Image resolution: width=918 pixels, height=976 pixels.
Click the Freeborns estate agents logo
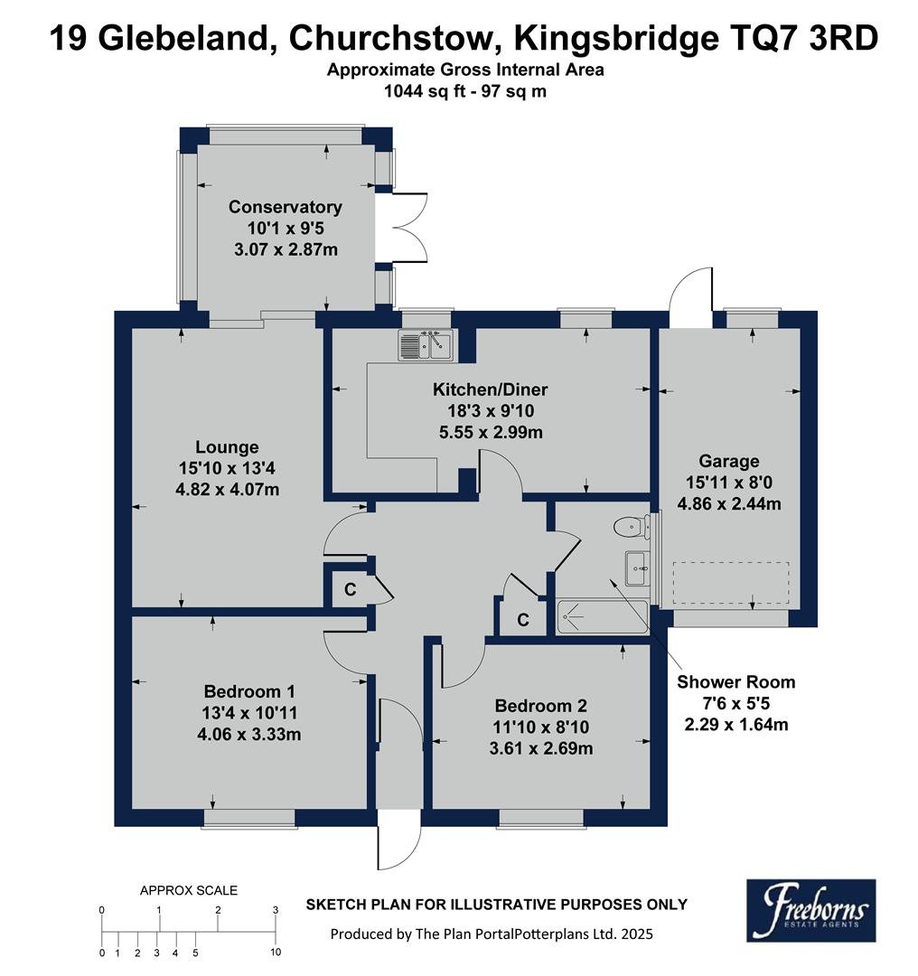tap(810, 910)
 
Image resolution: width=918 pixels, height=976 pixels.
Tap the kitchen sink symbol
tap(424, 345)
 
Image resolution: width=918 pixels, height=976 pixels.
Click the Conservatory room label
tap(285, 207)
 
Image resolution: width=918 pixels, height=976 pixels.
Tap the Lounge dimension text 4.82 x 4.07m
tap(227, 490)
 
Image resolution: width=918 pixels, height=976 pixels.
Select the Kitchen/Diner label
tap(490, 390)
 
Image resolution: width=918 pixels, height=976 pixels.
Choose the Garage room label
tap(734, 460)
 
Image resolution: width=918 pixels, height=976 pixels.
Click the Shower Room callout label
tap(736, 682)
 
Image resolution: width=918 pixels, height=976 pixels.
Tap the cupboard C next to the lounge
tap(349, 589)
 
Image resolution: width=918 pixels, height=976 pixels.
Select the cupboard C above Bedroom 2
tap(521, 620)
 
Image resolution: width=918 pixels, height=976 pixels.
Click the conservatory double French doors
tap(408, 228)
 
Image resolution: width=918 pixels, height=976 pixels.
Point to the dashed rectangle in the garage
tap(730, 584)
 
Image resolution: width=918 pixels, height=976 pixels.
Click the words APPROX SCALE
tap(189, 890)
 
